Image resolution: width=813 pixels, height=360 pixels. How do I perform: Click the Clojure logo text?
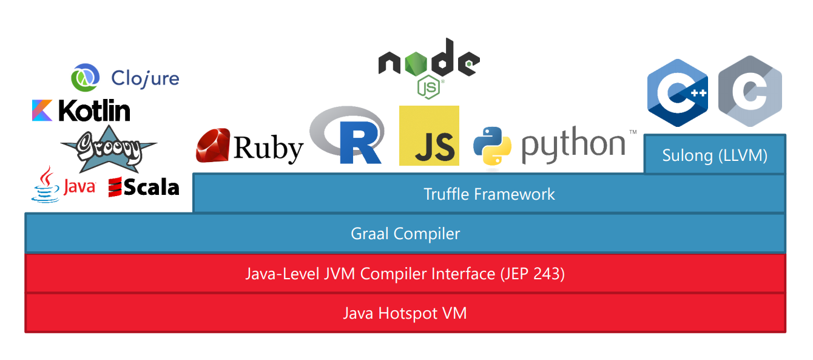pos(146,78)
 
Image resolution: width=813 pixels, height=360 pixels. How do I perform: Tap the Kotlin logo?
pos(81,111)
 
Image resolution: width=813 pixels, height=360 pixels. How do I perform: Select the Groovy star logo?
pos(109,149)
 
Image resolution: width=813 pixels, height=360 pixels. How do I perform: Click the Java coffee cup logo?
pos(46,185)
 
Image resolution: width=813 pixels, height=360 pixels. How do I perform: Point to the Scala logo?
pos(144,188)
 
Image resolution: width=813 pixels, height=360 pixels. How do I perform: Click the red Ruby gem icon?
pos(212,145)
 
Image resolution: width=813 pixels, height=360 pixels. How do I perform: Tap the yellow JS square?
pos(429,136)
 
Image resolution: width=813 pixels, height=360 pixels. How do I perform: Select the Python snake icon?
pos(496,146)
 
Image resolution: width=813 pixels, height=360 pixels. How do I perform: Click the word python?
pos(573,146)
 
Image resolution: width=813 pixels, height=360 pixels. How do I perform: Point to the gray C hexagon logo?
pos(749,91)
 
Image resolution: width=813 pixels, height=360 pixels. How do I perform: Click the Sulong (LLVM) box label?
pos(714,156)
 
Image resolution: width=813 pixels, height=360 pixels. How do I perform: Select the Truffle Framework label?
pos(489,194)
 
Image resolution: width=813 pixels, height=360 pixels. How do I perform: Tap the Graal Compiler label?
pos(405,234)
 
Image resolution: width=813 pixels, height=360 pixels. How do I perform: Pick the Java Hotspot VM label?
pos(405,313)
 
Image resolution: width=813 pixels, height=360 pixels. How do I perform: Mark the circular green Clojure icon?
pos(85,78)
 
